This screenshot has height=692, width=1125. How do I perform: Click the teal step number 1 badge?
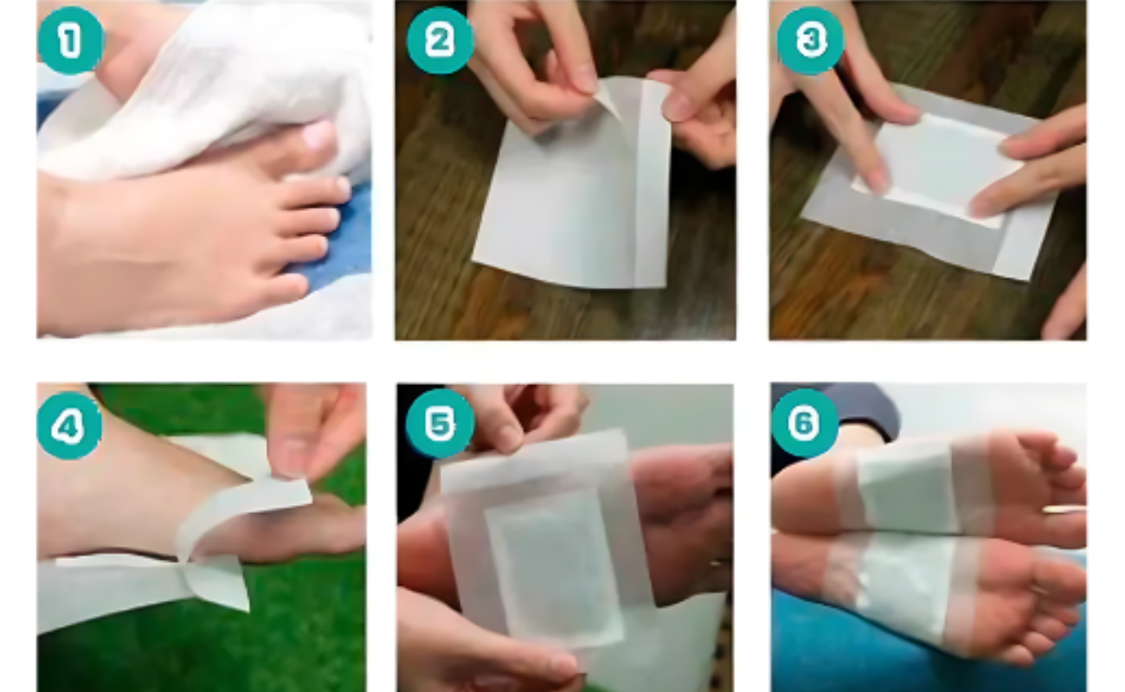pos(70,42)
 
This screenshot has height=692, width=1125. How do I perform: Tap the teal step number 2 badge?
pos(440,40)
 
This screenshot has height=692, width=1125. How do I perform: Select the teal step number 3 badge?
pos(811,42)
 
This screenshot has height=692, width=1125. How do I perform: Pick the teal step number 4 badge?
pos(69,426)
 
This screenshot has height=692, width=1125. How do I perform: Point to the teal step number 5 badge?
pos(440,424)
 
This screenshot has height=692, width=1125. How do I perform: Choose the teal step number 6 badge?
pos(805,423)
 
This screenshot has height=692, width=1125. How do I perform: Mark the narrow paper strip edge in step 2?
pos(652,186)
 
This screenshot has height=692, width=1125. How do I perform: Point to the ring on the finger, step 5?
pos(718,562)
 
